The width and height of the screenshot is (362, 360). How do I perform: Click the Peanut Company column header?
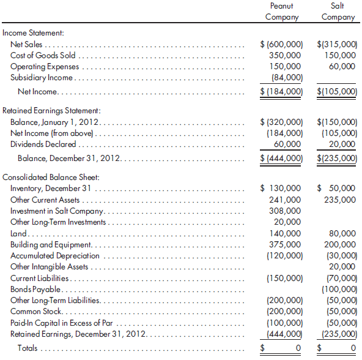pyautogui.click(x=281, y=11)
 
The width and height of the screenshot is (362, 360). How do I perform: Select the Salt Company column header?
pyautogui.click(x=338, y=11)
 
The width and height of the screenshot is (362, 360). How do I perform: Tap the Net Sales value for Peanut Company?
pyautogui.click(x=282, y=44)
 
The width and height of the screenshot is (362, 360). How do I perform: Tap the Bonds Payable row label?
pyautogui.click(x=35, y=289)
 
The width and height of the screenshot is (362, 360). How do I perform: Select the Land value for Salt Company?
pyautogui.click(x=343, y=233)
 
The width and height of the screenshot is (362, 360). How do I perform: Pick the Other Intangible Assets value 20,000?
pyautogui.click(x=343, y=266)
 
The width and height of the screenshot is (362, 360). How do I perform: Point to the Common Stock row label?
pyautogui.click(x=35, y=311)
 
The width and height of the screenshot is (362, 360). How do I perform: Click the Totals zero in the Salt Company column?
pyautogui.click(x=351, y=348)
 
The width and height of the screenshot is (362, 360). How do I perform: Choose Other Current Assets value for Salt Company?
pyautogui.click(x=341, y=200)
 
